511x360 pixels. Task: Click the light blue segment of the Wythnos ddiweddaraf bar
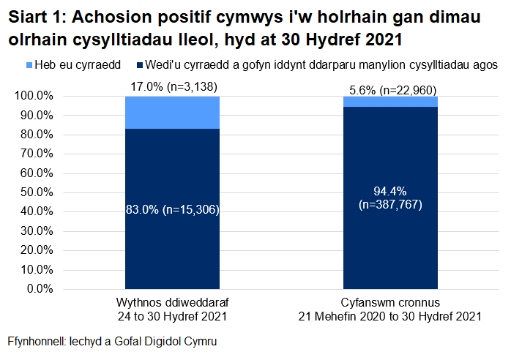(x=172, y=112)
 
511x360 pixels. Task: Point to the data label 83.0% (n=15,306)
(x=172, y=210)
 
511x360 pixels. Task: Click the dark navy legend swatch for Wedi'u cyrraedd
(x=139, y=65)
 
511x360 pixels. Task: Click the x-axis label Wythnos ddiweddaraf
(x=172, y=303)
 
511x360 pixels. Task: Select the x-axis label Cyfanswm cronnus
(x=389, y=303)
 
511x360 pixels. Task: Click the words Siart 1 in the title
(x=36, y=18)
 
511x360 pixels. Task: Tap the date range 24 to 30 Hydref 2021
(x=172, y=317)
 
